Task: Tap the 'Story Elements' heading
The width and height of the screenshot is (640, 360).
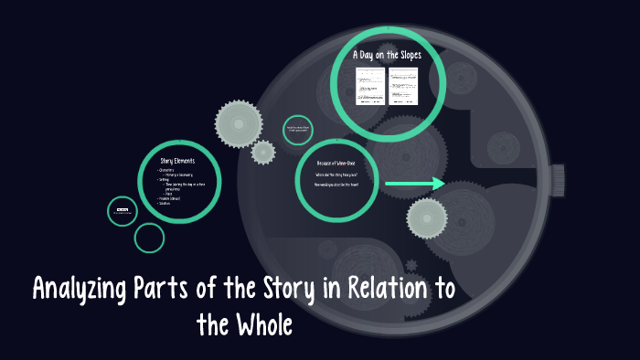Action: tap(178, 161)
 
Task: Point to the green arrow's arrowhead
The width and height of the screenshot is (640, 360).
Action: tap(438, 185)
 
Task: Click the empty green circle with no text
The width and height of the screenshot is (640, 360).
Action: tap(149, 238)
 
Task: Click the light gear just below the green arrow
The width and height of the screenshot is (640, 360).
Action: tap(426, 218)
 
